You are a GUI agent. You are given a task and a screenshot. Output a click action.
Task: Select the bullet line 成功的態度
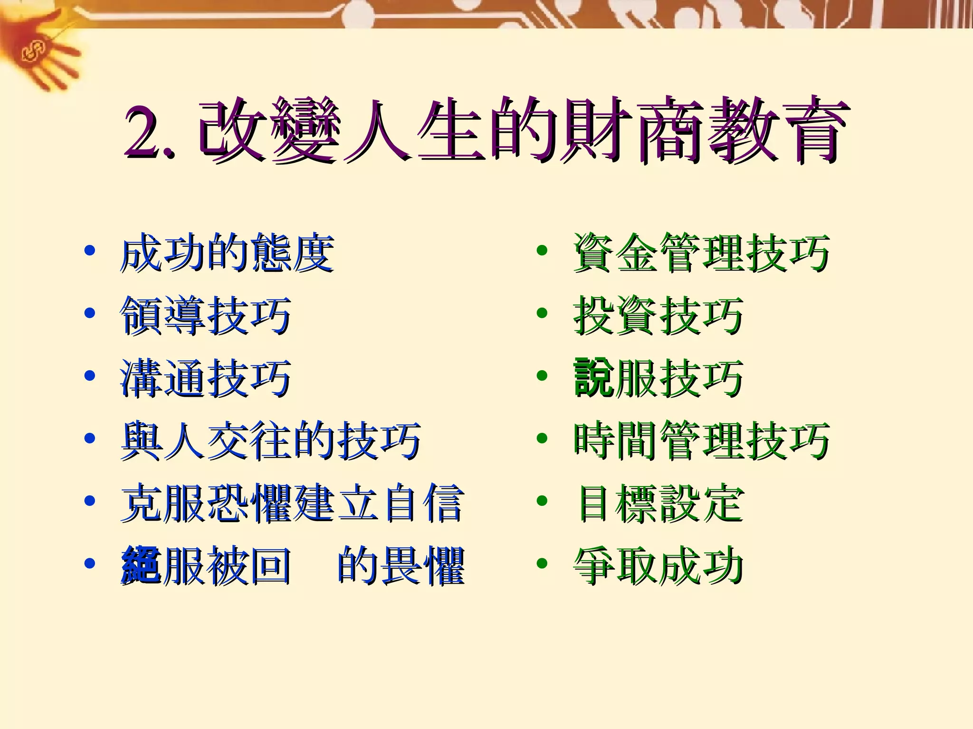pyautogui.click(x=227, y=253)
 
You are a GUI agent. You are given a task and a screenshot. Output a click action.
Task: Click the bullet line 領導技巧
pyautogui.click(x=205, y=316)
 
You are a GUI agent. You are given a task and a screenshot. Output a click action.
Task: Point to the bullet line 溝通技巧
pyautogui.click(x=205, y=378)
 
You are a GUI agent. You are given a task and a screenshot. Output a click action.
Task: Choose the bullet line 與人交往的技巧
pyautogui.click(x=271, y=441)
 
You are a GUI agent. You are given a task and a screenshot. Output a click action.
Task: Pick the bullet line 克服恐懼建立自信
pyautogui.click(x=292, y=503)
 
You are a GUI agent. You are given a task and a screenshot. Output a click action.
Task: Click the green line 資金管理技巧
pyautogui.click(x=701, y=253)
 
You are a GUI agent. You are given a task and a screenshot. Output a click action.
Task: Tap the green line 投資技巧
pyautogui.click(x=658, y=316)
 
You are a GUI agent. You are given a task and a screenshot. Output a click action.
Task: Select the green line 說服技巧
pyautogui.click(x=658, y=378)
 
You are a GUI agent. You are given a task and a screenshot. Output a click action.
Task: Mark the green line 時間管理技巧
pyautogui.click(x=701, y=441)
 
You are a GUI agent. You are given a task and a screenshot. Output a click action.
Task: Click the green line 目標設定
pyautogui.click(x=660, y=503)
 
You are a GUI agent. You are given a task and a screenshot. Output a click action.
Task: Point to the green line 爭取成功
pyautogui.click(x=658, y=565)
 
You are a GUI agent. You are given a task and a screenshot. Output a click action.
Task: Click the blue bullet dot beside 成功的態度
pyautogui.click(x=89, y=251)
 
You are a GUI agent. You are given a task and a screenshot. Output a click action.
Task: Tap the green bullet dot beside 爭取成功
pyautogui.click(x=542, y=563)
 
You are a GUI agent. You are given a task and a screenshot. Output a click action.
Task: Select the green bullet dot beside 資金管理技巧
pyautogui.click(x=542, y=251)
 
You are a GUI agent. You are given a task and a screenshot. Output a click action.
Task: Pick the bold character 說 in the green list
pyautogui.click(x=593, y=378)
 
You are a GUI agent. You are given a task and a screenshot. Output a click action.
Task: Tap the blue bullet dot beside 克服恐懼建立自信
pyautogui.click(x=89, y=501)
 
